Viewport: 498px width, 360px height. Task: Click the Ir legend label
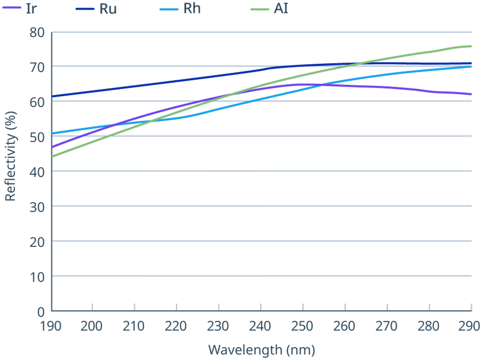coord(31,9)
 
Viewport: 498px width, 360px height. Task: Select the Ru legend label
coord(108,9)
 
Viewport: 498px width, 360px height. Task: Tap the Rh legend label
coord(192,8)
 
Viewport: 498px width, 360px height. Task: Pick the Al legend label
coord(281,8)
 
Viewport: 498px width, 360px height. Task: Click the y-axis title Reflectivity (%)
coord(10,156)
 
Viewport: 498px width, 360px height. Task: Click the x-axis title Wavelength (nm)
coord(262,350)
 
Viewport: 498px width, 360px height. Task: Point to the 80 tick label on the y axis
coord(37,32)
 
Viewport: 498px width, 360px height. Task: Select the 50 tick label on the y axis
coord(37,137)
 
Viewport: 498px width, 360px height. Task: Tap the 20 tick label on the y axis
coord(37,242)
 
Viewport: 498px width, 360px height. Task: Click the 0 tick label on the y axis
coord(41,312)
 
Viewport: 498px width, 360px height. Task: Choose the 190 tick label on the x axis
coord(50,326)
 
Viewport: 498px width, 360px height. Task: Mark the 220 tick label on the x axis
coord(175,326)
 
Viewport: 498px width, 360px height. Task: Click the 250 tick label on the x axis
coord(302,326)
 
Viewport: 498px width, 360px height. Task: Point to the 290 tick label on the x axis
coord(469,326)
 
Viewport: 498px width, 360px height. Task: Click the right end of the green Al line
coord(471,46)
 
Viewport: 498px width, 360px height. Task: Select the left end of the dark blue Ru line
coord(52,96)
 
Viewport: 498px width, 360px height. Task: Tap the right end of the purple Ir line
coord(471,94)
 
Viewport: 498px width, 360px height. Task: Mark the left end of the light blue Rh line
coord(52,133)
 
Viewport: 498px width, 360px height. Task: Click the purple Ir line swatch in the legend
coord(11,8)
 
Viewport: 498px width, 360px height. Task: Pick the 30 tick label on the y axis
coord(37,207)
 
